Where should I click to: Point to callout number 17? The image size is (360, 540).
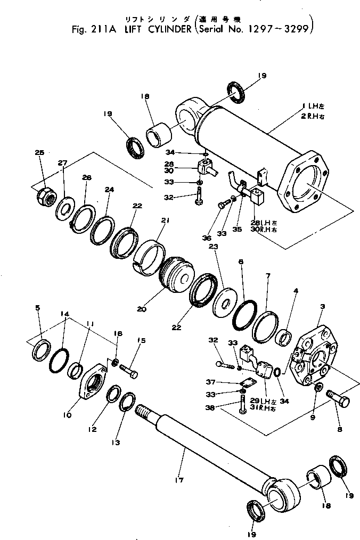point(179,480)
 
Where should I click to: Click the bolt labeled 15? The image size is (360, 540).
point(128,371)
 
